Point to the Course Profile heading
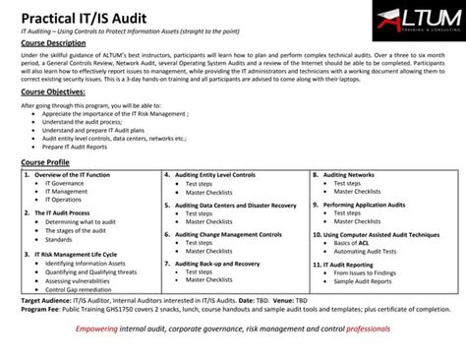pos(45,162)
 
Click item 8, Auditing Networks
pos(348,174)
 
